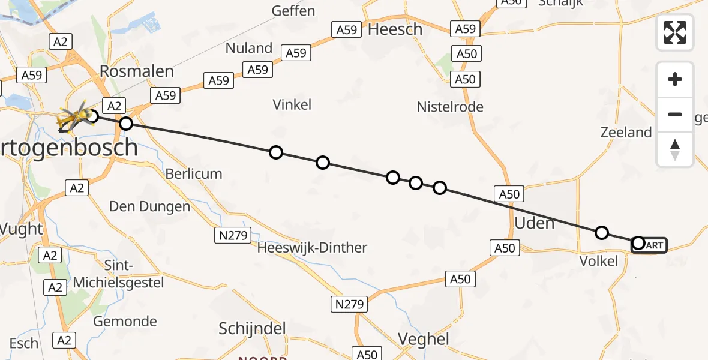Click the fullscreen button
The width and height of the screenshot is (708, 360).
(x=675, y=32)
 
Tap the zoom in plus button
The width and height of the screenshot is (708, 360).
(x=675, y=79)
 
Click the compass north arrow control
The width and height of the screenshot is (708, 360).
(x=675, y=149)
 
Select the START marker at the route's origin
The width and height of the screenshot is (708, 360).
(x=649, y=245)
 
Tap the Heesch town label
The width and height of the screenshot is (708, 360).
(x=395, y=29)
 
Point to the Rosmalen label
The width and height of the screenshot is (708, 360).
(x=137, y=71)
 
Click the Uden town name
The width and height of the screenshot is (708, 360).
(x=534, y=223)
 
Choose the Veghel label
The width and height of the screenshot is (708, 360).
(x=424, y=339)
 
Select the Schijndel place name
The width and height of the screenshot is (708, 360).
(x=252, y=329)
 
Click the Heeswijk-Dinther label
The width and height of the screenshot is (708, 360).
(x=313, y=247)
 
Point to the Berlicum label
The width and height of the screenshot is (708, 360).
(x=194, y=174)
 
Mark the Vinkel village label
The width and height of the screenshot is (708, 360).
(x=292, y=104)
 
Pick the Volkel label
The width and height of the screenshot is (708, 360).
(x=598, y=261)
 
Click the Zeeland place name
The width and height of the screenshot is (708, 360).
(x=626, y=133)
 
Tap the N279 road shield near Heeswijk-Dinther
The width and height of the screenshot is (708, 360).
(x=233, y=236)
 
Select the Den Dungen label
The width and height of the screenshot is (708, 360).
(x=149, y=207)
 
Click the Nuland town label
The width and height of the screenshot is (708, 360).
(x=249, y=47)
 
